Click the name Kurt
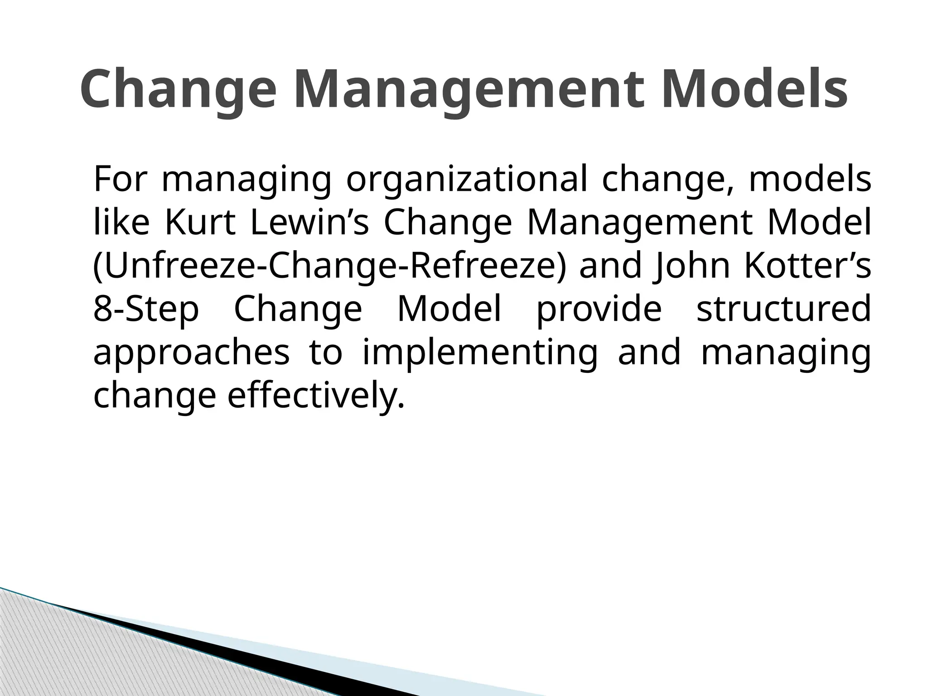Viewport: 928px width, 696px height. [x=200, y=223]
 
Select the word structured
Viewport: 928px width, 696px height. [x=783, y=309]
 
